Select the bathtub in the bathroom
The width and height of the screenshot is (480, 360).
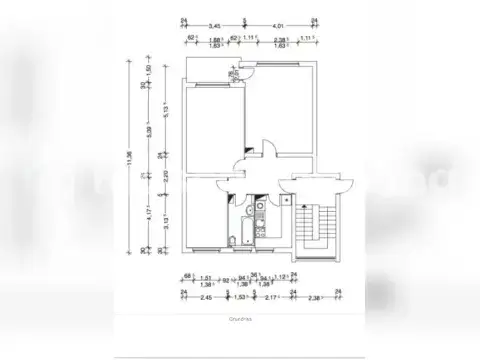pyautogui.click(x=236, y=238)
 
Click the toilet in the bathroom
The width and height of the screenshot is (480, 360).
pyautogui.click(x=261, y=238)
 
